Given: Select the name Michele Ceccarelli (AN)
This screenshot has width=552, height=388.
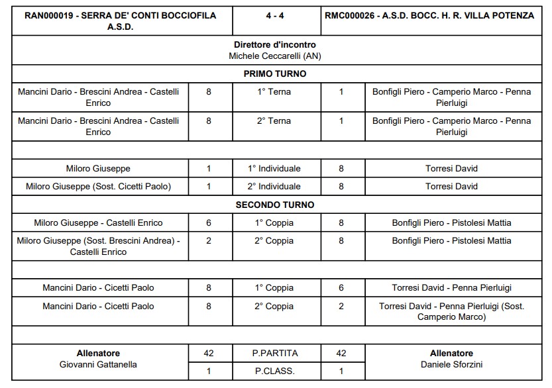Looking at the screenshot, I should (x=275, y=56).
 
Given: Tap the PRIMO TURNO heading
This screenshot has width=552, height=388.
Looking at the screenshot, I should (x=275, y=73).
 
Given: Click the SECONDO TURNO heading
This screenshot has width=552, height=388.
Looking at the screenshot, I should (x=275, y=205).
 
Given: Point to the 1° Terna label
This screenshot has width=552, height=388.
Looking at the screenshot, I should (x=274, y=92).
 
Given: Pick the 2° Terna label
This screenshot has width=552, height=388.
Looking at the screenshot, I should (x=274, y=121).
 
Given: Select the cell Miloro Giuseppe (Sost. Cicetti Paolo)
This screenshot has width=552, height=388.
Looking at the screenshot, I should (x=98, y=187).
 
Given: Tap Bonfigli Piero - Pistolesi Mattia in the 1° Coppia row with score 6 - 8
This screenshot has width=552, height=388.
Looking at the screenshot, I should (x=451, y=223).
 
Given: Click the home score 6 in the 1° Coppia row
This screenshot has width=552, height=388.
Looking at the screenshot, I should (x=209, y=223).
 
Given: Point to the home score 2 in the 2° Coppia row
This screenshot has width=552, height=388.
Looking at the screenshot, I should (x=209, y=240).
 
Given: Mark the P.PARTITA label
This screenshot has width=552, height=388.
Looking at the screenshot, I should (x=275, y=354).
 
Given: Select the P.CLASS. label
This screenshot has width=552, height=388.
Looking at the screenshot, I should (x=275, y=371).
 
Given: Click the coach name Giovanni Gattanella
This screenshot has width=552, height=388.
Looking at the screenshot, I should (x=98, y=365).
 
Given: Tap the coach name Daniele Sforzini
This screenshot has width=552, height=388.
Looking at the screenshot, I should (x=451, y=365).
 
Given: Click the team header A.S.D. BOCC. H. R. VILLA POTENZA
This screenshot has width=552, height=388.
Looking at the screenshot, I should (x=429, y=15).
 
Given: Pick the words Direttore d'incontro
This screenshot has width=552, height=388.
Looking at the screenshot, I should (x=275, y=45).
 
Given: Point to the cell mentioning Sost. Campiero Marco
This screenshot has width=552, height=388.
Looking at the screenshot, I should (x=451, y=312).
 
